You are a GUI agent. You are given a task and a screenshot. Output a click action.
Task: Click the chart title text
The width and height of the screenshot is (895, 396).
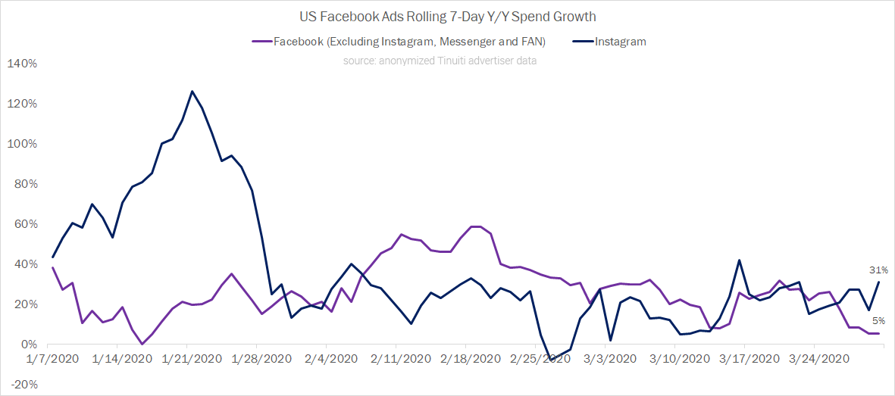447,17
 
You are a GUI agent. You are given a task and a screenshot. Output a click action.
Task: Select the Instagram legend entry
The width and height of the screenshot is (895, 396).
620,42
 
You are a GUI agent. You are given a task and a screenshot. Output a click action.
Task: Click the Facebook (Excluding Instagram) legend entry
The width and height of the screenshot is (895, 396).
402,42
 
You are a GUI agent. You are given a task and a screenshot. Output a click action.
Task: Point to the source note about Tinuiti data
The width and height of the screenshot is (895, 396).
440,61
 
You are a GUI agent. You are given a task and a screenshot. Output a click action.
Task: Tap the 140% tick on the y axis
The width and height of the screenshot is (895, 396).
22,64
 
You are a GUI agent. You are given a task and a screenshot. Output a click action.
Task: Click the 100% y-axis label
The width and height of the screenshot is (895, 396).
22,144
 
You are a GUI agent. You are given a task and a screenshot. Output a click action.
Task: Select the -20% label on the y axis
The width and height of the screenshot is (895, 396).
22,385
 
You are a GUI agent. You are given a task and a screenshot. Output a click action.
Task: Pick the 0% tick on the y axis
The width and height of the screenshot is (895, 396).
27,345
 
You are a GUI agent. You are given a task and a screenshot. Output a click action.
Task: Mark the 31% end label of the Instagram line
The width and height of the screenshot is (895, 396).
878,270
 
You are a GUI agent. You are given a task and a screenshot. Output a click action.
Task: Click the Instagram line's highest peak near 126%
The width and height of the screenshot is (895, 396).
192,92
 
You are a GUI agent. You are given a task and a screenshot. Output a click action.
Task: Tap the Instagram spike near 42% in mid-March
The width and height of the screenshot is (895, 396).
739,260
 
